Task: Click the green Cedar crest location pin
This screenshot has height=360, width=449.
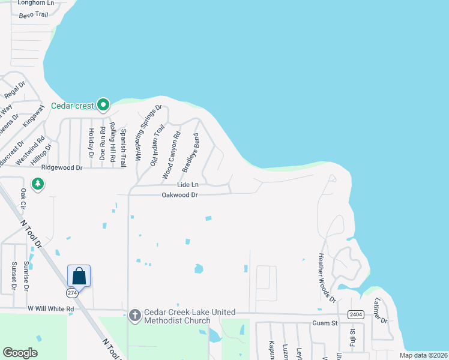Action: coord(103,105)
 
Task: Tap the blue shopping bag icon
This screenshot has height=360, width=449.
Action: coord(79,276)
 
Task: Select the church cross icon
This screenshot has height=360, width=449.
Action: coord(135,314)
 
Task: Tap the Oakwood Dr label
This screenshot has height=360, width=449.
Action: coord(179,195)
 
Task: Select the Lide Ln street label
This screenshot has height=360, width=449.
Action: coord(187,185)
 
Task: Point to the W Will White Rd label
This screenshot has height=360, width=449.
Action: coord(50,309)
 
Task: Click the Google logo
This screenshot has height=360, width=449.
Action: coord(20,352)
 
